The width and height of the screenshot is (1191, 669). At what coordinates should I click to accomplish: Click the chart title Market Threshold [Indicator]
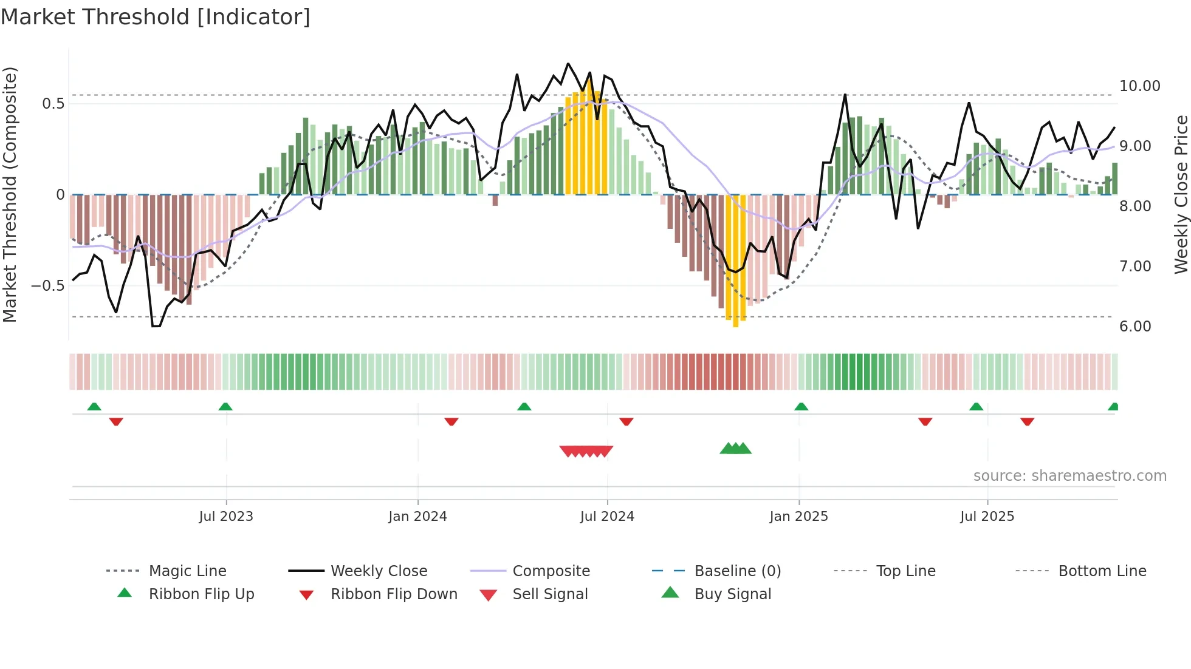pyautogui.click(x=156, y=17)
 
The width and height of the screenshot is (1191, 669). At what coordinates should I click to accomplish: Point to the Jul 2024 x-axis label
pyautogui.click(x=607, y=517)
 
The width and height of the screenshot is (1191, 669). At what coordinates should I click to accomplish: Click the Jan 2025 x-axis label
pyautogui.click(x=798, y=517)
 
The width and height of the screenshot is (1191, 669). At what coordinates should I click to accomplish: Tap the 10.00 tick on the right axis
pyautogui.click(x=1139, y=86)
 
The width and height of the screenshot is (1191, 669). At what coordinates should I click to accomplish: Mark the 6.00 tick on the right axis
pyautogui.click(x=1135, y=327)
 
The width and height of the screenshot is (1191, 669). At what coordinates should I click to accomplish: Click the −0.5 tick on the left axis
pyautogui.click(x=48, y=286)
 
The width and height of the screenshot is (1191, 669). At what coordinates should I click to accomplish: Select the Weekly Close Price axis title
pyautogui.click(x=1181, y=194)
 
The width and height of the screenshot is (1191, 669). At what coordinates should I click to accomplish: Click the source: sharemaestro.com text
pyautogui.click(x=1069, y=476)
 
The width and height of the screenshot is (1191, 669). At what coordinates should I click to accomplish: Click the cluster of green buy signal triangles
pyautogui.click(x=735, y=449)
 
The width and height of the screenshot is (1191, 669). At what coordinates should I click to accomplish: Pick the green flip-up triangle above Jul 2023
pyautogui.click(x=225, y=406)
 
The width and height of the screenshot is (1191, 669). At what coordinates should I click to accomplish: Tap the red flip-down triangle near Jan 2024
pyautogui.click(x=451, y=421)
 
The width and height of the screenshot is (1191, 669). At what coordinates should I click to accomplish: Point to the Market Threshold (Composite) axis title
pyautogui.click(x=10, y=194)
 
